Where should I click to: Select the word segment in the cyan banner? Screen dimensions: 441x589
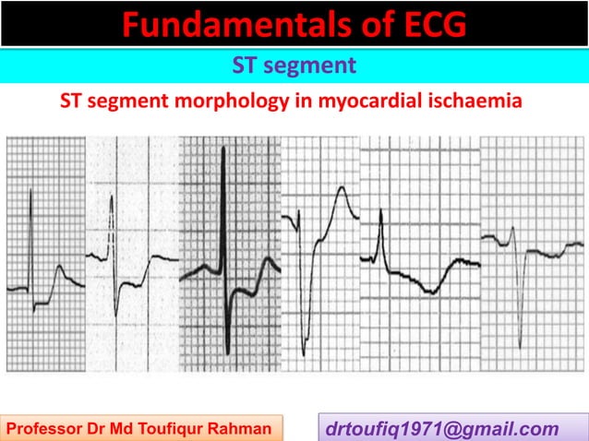click(x=307, y=66)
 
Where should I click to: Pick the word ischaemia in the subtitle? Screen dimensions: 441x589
click(x=478, y=101)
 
